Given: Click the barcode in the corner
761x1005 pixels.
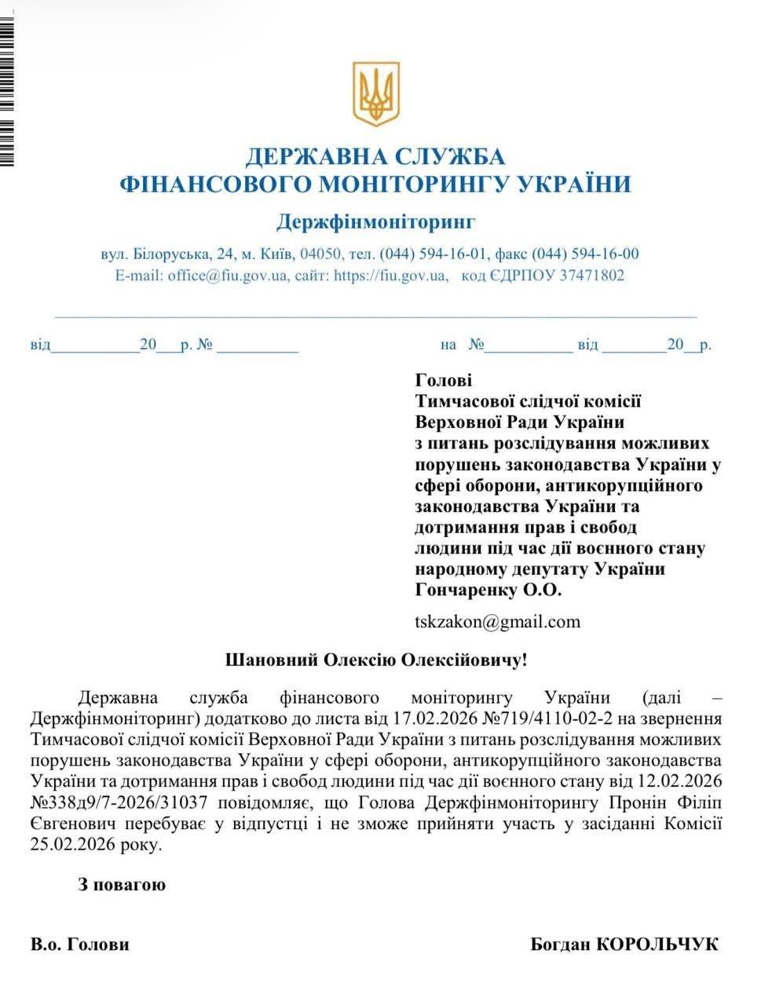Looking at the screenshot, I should click(7, 86).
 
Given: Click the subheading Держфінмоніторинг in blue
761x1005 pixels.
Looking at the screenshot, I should click(375, 222).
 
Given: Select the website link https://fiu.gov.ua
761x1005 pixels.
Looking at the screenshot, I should click(390, 276).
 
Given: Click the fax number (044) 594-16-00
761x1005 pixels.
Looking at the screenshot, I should click(585, 254).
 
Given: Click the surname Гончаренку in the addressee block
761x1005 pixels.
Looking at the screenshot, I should click(464, 590).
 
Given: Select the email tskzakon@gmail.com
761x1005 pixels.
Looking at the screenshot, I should click(497, 622).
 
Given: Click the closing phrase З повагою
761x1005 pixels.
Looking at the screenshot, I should click(122, 885).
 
